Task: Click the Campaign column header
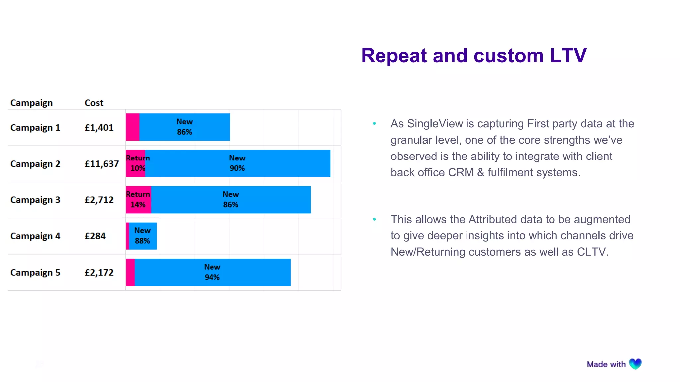coord(32,103)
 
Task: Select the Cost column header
coord(94,103)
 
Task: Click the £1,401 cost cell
coord(99,128)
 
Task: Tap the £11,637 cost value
coord(102,164)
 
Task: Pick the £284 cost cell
coord(95,236)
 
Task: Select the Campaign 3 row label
coord(35,200)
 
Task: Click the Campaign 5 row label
coord(35,273)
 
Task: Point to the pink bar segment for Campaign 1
coord(132,127)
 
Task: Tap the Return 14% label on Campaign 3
coord(138,199)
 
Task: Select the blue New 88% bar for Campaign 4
coord(143,236)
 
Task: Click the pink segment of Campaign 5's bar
coord(130,272)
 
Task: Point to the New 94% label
coord(212,272)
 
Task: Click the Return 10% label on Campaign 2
coord(137,163)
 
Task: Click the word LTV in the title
coord(568,56)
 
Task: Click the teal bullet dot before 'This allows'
coord(375,219)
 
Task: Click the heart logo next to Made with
coord(635,364)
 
